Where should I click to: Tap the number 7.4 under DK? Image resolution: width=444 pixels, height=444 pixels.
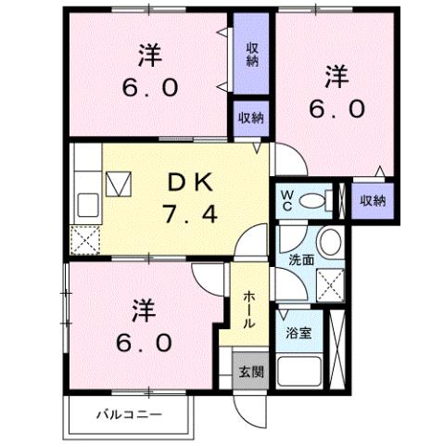[x=193, y=216]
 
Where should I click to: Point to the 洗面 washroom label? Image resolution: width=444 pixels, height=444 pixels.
[x=301, y=260]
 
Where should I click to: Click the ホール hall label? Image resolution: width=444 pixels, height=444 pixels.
[x=249, y=309]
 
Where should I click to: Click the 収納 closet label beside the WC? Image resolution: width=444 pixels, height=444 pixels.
[x=373, y=200]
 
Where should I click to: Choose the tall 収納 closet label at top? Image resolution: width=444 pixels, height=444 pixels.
[x=252, y=55]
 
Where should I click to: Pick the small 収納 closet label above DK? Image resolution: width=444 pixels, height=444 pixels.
[x=250, y=118]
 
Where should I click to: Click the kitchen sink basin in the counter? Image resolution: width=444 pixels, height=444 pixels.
[x=88, y=203]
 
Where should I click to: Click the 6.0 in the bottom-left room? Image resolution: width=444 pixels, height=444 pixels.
[x=144, y=342]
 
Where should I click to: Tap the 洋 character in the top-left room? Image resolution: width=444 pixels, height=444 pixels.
[x=146, y=55]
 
